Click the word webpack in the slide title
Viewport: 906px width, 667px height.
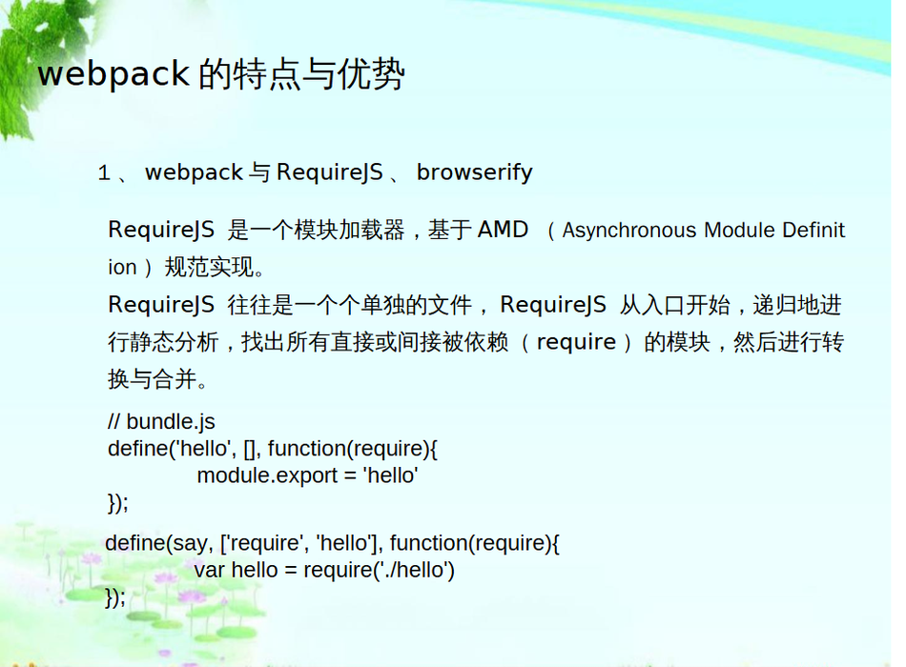pos(113,74)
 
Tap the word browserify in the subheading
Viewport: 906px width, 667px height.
pos(474,172)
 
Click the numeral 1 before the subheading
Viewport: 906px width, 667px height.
pos(104,172)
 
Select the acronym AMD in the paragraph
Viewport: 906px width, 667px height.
pos(503,230)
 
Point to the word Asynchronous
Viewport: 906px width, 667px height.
pos(629,230)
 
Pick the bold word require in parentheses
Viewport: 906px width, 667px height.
pos(576,342)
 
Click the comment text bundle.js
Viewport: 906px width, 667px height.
pos(171,421)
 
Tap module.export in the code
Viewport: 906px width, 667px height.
pos(267,475)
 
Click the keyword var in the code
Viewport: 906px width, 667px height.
pos(209,570)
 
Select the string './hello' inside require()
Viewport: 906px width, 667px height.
pos(412,570)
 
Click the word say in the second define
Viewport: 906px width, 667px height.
pos(190,543)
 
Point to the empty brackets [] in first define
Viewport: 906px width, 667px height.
pos(250,449)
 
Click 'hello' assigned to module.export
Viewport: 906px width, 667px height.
pos(390,475)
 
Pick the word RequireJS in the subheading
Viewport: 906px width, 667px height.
pos(329,172)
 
